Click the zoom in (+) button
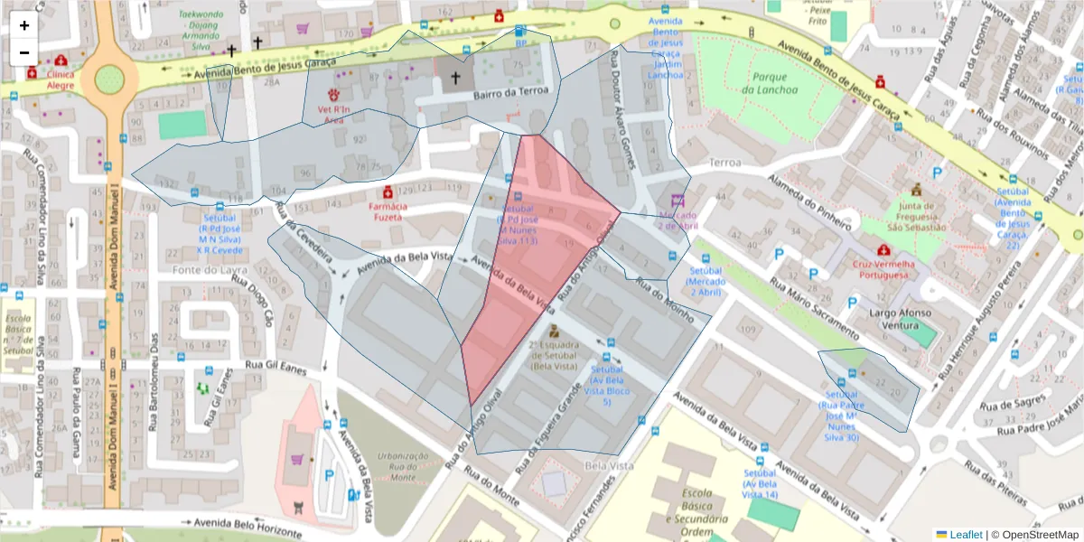tap(24, 26)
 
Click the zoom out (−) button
tap(24, 53)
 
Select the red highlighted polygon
tap(533, 262)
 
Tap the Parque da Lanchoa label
tap(770, 84)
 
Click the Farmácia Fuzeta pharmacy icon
tap(388, 192)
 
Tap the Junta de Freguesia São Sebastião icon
tap(917, 191)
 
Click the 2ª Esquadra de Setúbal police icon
tap(554, 332)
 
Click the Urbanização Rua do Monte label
tap(401, 464)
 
